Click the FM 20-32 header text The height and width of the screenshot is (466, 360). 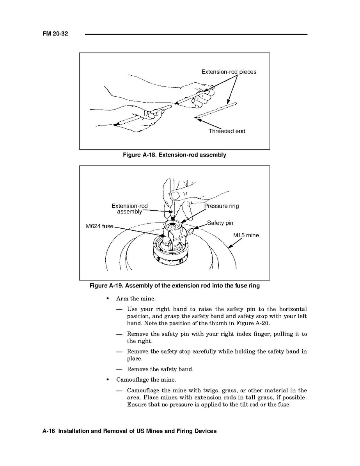tap(55, 34)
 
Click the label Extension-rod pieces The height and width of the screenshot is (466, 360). tap(229, 72)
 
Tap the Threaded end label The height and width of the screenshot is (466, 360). tap(227, 131)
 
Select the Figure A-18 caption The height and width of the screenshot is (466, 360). tap(174, 155)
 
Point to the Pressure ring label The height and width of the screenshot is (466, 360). tap(222, 206)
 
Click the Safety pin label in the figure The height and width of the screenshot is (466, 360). tap(220, 223)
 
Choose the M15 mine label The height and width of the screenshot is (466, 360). tap(246, 235)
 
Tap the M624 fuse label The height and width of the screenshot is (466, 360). tap(99, 226)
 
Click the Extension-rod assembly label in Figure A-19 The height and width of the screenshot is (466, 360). tap(129, 209)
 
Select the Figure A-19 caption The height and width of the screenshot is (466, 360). tap(174, 286)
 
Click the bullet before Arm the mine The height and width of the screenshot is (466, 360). tap(107, 299)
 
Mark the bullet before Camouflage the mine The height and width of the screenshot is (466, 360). tap(107, 380)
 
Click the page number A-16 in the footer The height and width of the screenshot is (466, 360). tap(49, 431)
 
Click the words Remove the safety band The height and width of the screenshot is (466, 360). tap(160, 369)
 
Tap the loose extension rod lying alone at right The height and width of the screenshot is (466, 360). tap(216, 110)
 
